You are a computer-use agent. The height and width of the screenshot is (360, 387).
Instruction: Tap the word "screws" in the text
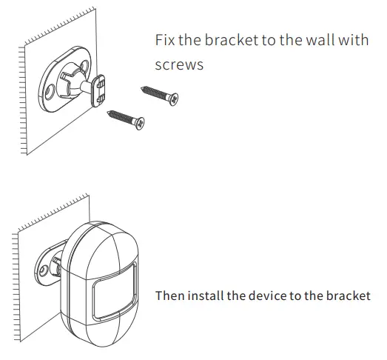coord(179,65)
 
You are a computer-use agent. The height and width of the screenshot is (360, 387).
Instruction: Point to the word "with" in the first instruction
coord(353,40)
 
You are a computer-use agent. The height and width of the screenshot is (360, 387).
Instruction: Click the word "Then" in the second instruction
coord(169,296)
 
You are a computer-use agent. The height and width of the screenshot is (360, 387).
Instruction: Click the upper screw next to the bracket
coord(158,93)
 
